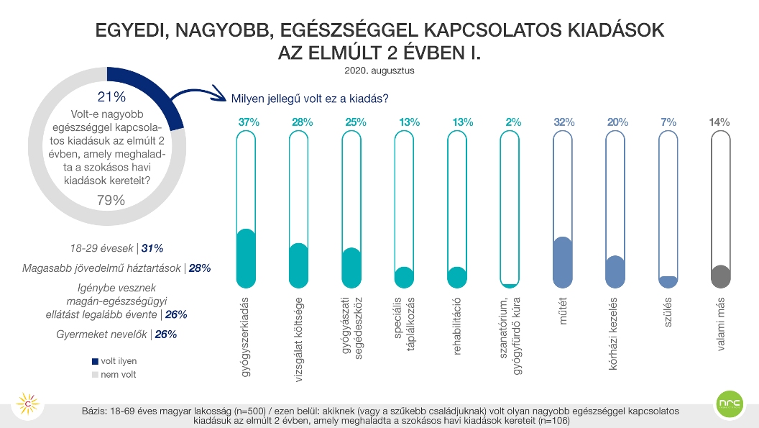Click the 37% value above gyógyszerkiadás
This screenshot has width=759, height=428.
[x=249, y=122]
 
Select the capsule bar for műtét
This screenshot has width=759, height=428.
[x=563, y=209]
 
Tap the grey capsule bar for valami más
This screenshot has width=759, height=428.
[x=721, y=209]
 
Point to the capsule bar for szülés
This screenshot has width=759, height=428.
[x=668, y=209]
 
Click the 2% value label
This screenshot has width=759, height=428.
[x=513, y=122]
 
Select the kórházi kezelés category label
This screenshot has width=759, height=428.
[x=613, y=334]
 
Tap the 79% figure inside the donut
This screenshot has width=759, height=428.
[x=111, y=200]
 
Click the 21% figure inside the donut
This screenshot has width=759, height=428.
[x=112, y=97]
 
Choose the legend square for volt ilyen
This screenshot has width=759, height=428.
[x=95, y=361]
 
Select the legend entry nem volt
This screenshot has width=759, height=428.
[x=114, y=375]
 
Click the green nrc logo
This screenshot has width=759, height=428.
[x=730, y=404]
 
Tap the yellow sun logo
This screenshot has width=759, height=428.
[x=28, y=404]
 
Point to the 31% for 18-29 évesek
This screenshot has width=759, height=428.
[x=152, y=249]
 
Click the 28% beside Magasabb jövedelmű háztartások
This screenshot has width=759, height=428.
[x=200, y=268]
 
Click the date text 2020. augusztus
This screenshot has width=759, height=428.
[x=379, y=70]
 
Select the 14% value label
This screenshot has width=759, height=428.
[x=719, y=122]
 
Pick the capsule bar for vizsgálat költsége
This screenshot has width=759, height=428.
[x=299, y=209]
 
